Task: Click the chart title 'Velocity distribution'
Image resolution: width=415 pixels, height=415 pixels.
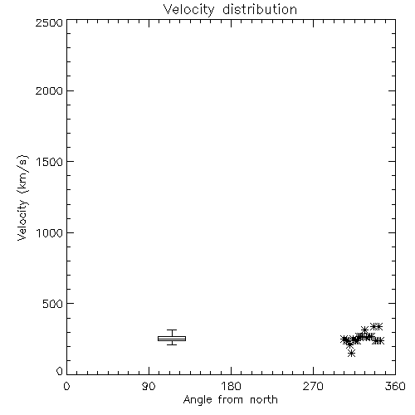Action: pyautogui.click(x=230, y=10)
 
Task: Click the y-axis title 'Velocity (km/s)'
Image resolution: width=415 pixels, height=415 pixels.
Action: pyautogui.click(x=22, y=198)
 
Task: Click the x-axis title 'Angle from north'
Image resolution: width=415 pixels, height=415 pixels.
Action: pyautogui.click(x=231, y=400)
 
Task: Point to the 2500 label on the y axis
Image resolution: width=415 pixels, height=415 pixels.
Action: pyautogui.click(x=49, y=22)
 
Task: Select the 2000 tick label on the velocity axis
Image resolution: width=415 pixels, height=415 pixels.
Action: pyautogui.click(x=49, y=90)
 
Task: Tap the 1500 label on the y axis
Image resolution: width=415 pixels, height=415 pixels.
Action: pyautogui.click(x=50, y=162)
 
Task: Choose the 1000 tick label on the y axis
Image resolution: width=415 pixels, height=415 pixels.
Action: pyautogui.click(x=50, y=232)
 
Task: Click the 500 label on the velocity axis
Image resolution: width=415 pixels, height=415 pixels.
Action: pyautogui.click(x=53, y=304)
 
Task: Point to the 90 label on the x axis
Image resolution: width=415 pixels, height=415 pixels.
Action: pyautogui.click(x=149, y=386)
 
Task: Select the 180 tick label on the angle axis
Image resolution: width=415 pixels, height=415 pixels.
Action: pyautogui.click(x=231, y=386)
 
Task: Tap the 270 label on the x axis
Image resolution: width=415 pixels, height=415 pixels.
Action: pyautogui.click(x=313, y=386)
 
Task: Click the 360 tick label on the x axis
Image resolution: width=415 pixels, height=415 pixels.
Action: pyautogui.click(x=395, y=386)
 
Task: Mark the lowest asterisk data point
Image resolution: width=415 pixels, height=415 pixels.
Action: pyautogui.click(x=351, y=353)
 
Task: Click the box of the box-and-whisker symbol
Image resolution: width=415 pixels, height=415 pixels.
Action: pyautogui.click(x=172, y=336)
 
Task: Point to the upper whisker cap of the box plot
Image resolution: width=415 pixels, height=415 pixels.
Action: pyautogui.click(x=172, y=330)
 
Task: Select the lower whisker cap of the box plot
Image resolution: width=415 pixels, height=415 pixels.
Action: pyautogui.click(x=172, y=344)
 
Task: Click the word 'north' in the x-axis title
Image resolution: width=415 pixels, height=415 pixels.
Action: pyautogui.click(x=264, y=400)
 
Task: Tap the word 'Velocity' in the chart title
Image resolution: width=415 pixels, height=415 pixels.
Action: pyautogui.click(x=188, y=10)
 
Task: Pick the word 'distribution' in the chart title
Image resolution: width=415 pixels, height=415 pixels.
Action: pyautogui.click(x=260, y=9)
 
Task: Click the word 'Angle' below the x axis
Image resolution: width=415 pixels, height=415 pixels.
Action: pyautogui.click(x=198, y=400)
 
